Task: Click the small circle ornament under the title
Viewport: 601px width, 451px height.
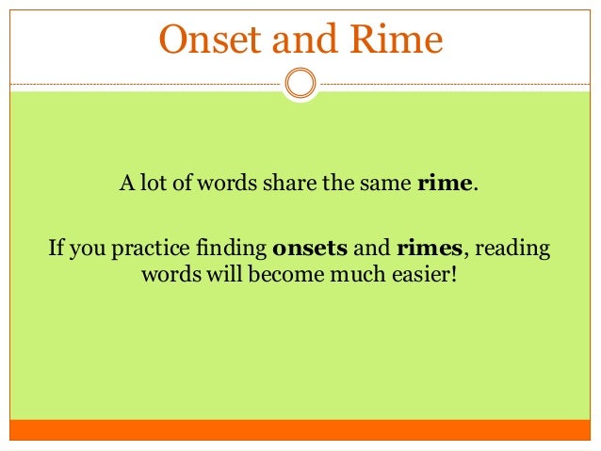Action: [300, 83]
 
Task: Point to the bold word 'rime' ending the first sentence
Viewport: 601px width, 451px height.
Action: [444, 183]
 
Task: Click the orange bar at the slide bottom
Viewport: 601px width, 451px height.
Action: [300, 429]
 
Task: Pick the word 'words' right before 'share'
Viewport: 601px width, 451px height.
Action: [222, 183]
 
